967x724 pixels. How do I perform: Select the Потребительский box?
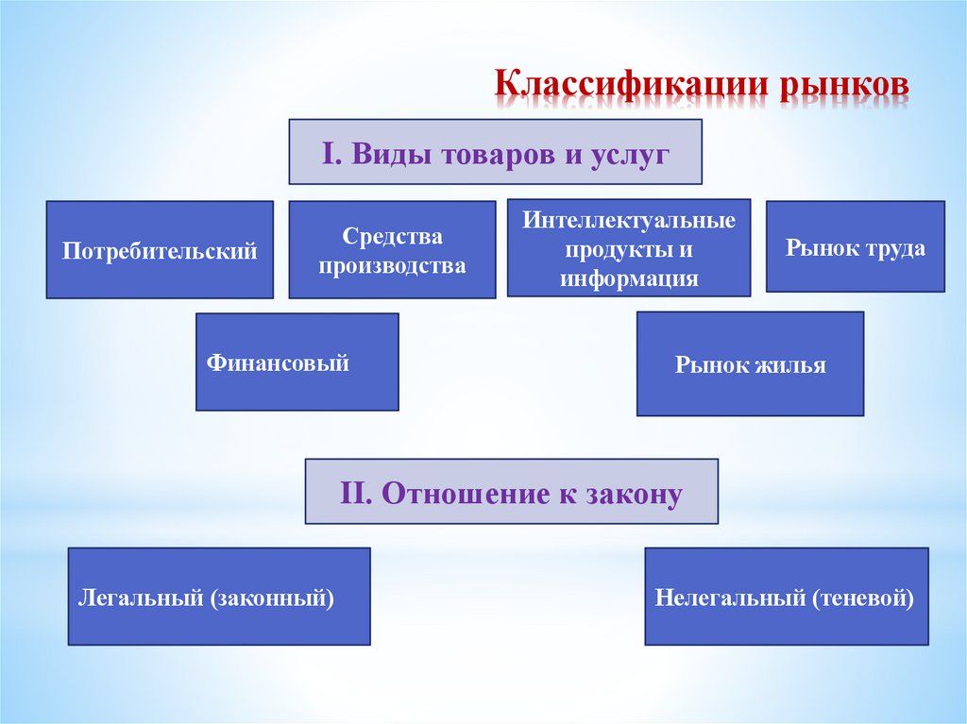point(160,250)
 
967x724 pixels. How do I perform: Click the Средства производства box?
point(392,250)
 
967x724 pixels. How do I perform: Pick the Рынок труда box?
point(855,246)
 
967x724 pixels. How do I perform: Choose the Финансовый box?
point(297,362)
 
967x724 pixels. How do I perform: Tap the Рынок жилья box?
point(750,363)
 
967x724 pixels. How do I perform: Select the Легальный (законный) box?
point(218,597)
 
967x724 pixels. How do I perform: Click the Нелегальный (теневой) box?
point(786,597)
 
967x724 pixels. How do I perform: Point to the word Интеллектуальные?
point(629,223)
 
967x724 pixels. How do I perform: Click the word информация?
point(629,278)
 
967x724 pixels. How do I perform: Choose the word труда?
point(893,248)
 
